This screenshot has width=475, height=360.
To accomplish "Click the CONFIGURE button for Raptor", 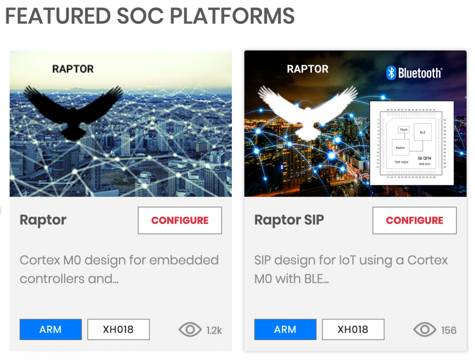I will click(x=180, y=220).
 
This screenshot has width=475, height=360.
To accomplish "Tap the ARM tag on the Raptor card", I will click(x=51, y=329).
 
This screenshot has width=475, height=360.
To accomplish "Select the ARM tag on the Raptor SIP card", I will click(x=285, y=329).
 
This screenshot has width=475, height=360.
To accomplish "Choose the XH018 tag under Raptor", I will click(x=118, y=329).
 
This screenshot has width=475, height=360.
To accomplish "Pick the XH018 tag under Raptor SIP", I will click(x=353, y=329).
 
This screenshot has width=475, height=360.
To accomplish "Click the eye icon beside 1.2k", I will click(x=190, y=330).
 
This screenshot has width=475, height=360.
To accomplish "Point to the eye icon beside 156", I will click(x=424, y=330).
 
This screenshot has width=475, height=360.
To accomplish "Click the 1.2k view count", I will click(x=214, y=330).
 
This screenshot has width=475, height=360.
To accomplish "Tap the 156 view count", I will click(x=449, y=330).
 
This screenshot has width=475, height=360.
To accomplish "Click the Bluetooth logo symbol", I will click(x=391, y=73).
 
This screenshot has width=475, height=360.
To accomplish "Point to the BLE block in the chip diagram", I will click(x=423, y=132).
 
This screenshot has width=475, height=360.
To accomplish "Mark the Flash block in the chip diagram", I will click(x=404, y=130).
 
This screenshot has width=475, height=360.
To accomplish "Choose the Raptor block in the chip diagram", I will click(x=400, y=148).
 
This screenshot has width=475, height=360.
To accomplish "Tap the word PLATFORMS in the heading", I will click(x=232, y=16).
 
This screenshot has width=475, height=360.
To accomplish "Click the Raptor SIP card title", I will click(x=289, y=220).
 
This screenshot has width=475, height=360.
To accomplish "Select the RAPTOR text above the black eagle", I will click(x=73, y=69).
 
